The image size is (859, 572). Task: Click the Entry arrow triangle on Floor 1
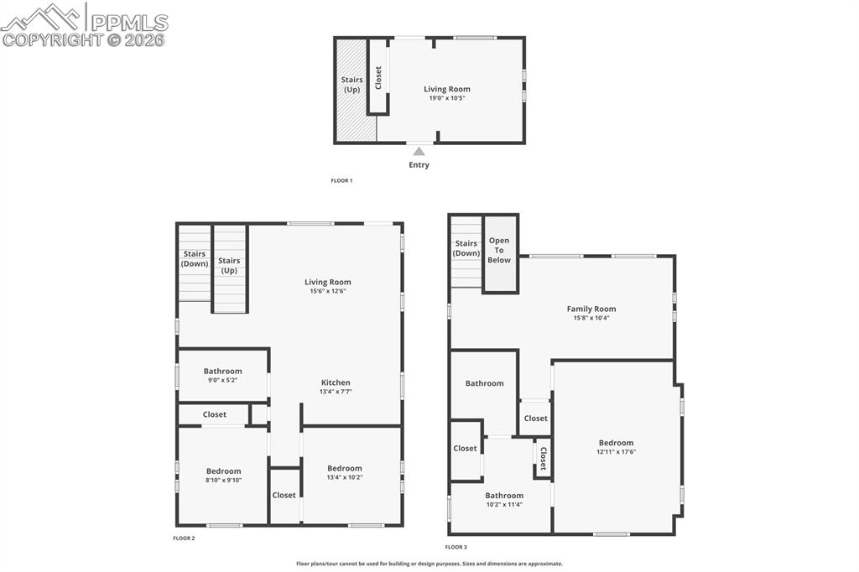[x=419, y=151]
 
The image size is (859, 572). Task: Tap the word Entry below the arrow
[x=419, y=165]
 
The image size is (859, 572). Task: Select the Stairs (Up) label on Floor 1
[x=351, y=85]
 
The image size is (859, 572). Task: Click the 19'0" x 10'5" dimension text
[x=446, y=98]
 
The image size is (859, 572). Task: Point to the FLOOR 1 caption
[x=341, y=180]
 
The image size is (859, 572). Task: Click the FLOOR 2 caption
[x=184, y=538]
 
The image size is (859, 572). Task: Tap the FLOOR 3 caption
[x=456, y=547]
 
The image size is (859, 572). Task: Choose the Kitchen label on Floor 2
[x=336, y=382]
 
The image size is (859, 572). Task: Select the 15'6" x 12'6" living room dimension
[x=328, y=291]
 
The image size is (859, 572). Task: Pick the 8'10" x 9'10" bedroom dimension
[x=223, y=480]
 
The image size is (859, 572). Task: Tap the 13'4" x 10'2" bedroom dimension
[x=344, y=477]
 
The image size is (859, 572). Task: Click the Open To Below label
[x=499, y=250]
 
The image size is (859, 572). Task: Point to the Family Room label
[x=591, y=309]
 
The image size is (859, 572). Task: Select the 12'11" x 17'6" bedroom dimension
[x=616, y=451]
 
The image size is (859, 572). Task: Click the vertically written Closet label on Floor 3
[x=544, y=459]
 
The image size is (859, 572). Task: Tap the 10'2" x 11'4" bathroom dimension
[x=504, y=504]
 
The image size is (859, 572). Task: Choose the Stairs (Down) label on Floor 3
[x=466, y=248]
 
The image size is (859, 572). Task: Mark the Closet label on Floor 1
[x=378, y=78]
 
